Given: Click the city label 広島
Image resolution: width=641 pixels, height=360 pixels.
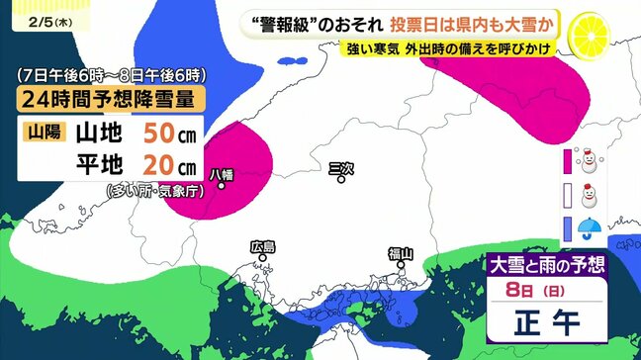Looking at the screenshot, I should (x=262, y=245).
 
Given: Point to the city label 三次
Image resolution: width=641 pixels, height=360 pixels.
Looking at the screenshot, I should (x=339, y=168).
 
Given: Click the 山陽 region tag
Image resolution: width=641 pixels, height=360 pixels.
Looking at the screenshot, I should (x=42, y=131).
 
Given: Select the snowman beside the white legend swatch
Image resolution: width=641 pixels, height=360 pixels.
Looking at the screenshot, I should (x=590, y=193).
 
